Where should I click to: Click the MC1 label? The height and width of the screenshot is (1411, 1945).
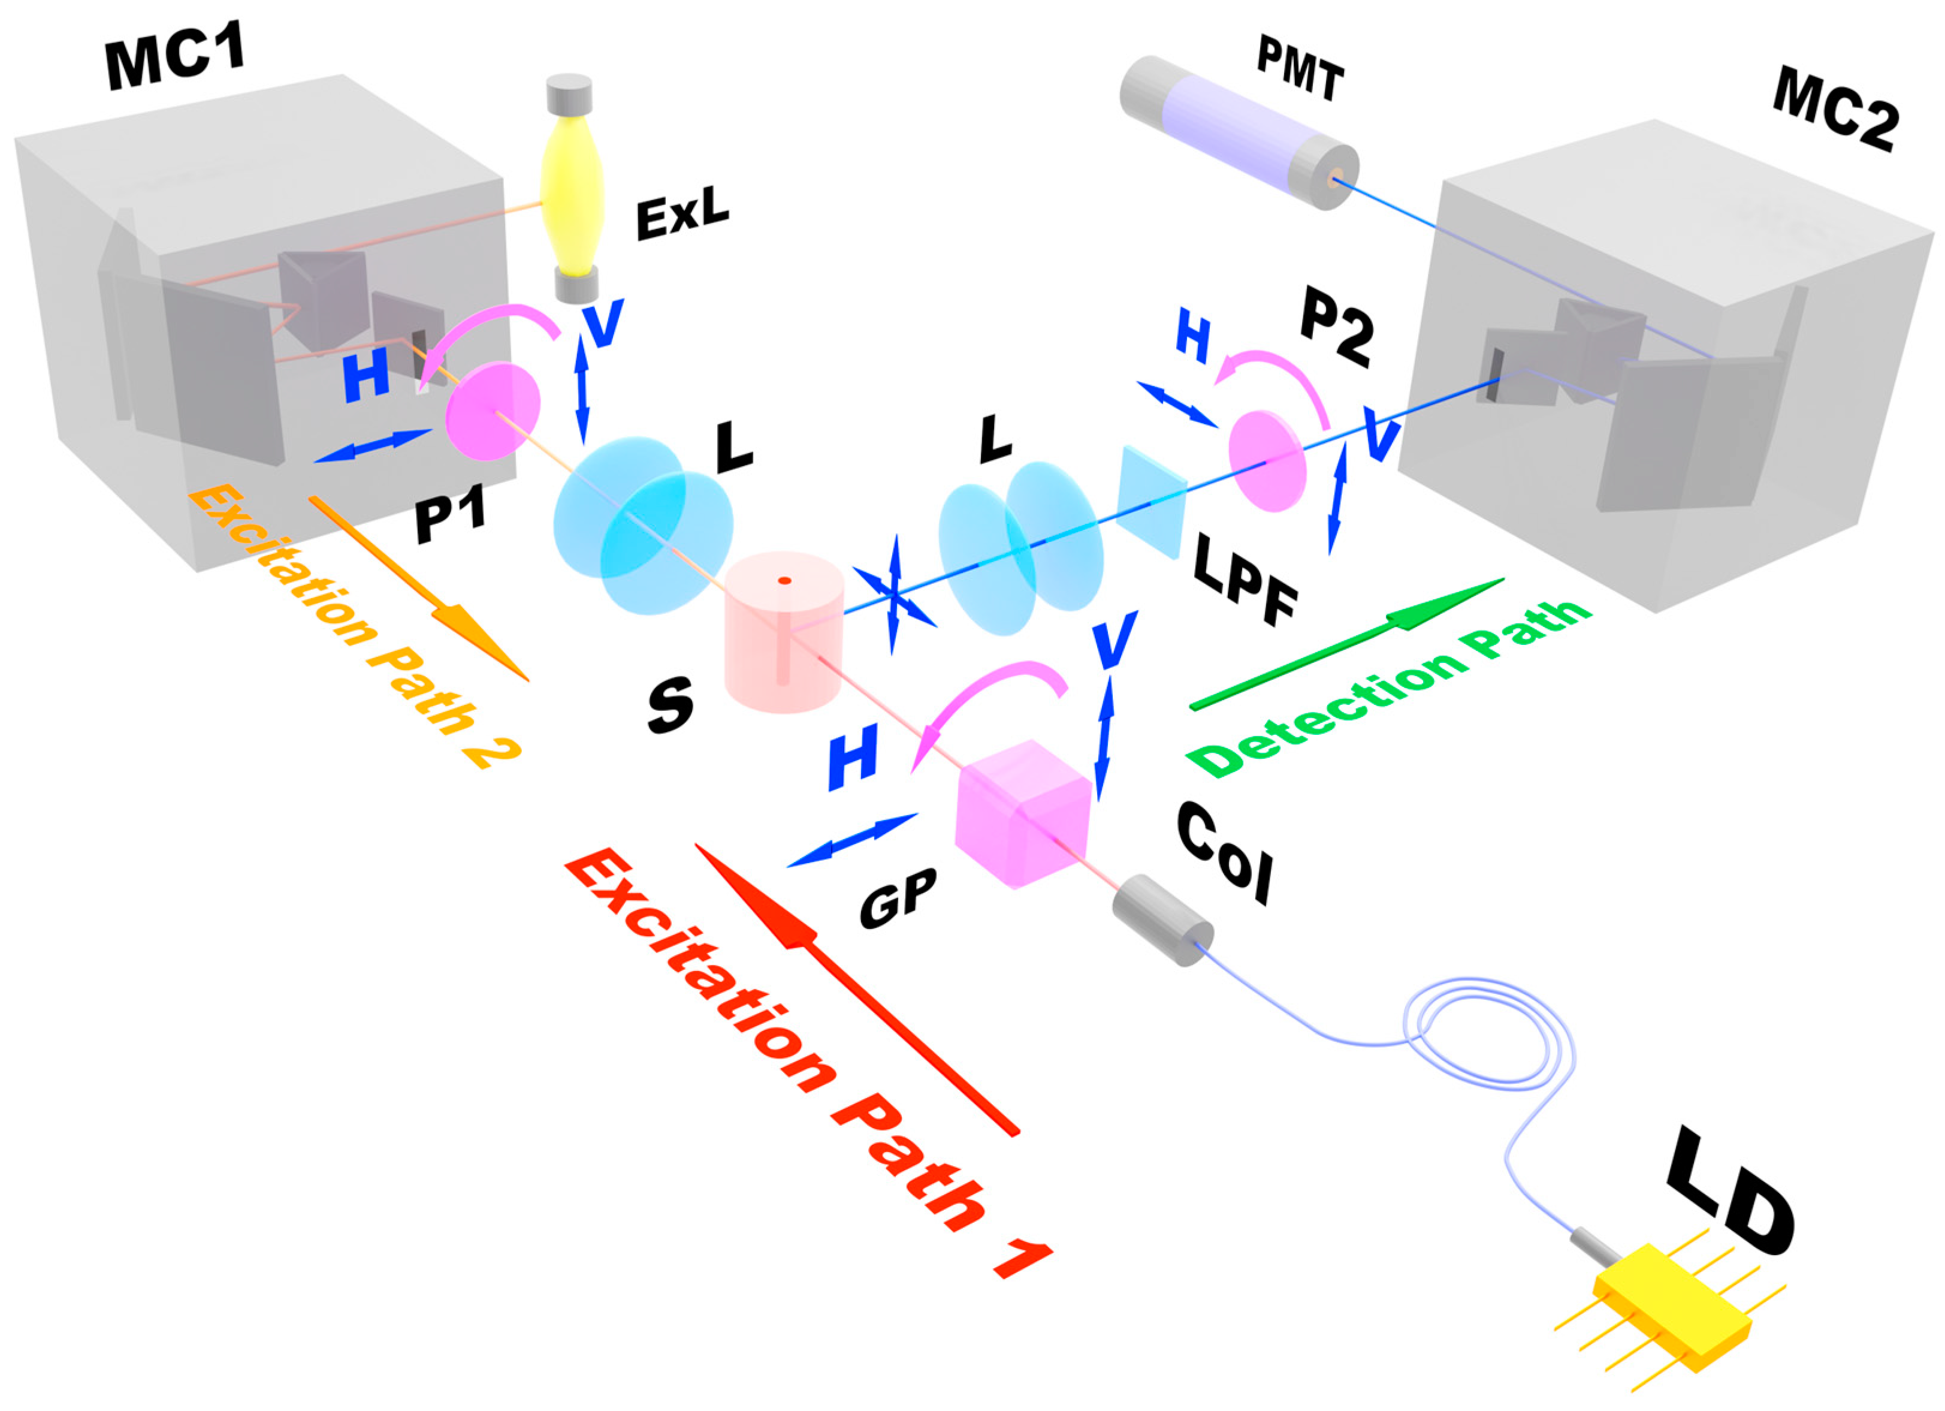pyautogui.click(x=175, y=60)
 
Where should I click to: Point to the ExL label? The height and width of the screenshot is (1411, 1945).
pyautogui.click(x=682, y=213)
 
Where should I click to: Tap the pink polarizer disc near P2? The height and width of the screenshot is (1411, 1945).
pyautogui.click(x=1267, y=460)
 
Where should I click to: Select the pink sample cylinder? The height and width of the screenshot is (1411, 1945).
pyautogui.click(x=784, y=633)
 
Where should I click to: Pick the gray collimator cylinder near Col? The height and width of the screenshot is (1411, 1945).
pyautogui.click(x=1162, y=919)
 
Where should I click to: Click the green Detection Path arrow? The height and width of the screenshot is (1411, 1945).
pyautogui.click(x=1346, y=643)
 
